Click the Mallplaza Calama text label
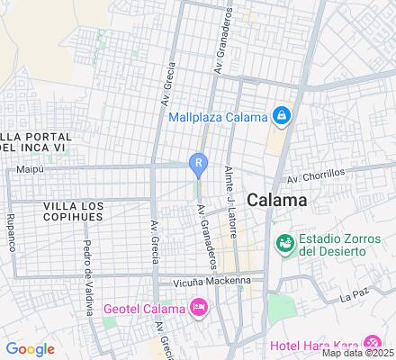tap(218, 117)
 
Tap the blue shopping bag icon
tap(283, 116)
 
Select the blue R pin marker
tap(198, 163)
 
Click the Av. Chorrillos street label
tap(316, 177)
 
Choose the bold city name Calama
tap(276, 200)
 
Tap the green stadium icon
tap(284, 242)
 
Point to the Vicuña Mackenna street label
tap(198, 281)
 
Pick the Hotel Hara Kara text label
tap(315, 344)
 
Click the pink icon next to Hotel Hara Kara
tap(372, 343)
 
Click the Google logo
tap(30, 349)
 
